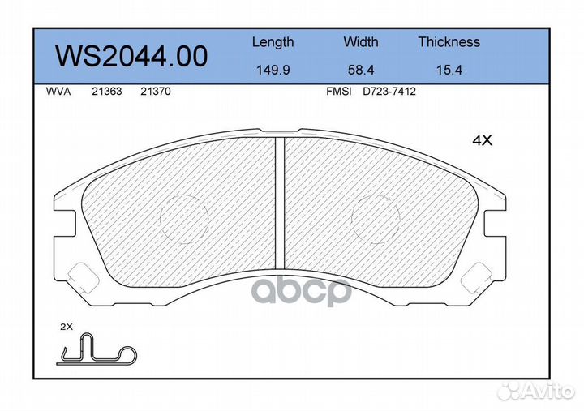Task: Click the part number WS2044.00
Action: (131, 56)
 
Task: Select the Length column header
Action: (273, 42)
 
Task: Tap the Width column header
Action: (360, 41)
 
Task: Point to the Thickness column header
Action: (449, 41)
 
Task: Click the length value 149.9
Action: (273, 70)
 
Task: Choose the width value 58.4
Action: (360, 70)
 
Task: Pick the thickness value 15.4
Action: (449, 70)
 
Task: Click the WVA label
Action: (58, 92)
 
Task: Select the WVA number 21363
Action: (107, 92)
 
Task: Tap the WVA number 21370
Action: (155, 92)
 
